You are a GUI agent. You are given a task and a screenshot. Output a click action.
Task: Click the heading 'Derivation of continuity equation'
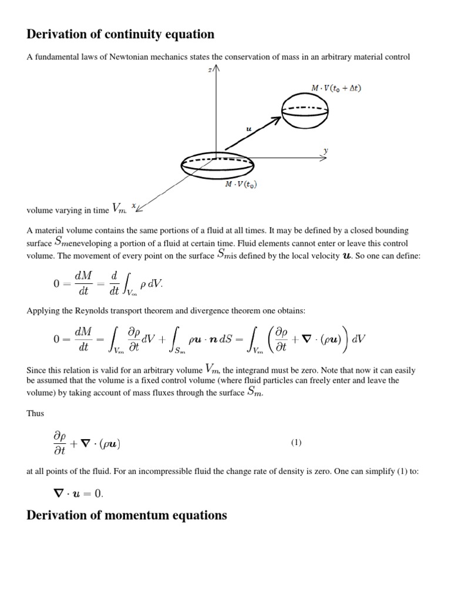(120, 35)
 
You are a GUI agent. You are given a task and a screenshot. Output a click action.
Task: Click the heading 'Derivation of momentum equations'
(127, 516)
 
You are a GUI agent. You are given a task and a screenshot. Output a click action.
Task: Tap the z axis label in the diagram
(210, 69)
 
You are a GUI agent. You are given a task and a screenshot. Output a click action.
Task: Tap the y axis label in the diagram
(327, 151)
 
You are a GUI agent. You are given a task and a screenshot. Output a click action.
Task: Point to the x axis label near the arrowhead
(134, 205)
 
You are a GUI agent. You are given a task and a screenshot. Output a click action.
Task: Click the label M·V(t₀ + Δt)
(337, 88)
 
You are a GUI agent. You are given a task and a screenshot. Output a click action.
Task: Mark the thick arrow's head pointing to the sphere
(275, 121)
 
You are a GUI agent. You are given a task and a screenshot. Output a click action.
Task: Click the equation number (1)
(296, 443)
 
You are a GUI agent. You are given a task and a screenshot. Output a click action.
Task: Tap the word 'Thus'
(35, 413)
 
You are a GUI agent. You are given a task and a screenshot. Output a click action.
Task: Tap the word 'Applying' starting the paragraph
(41, 311)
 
